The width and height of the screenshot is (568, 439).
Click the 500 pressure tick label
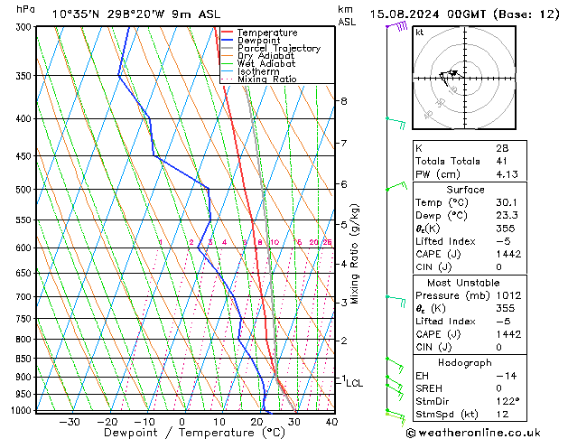coord(24,190)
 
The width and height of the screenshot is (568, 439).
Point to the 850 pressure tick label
coord(24,359)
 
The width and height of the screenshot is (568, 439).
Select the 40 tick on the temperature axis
coord(331,422)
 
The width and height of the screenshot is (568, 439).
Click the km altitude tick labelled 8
coord(344,101)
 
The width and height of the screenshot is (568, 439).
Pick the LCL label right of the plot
coord(354,383)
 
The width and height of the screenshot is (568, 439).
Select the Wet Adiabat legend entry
coord(265,64)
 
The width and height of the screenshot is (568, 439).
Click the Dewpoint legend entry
coord(258,41)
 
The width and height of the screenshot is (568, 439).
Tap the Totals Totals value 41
coord(501,161)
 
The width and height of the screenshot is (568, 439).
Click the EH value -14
coord(503,375)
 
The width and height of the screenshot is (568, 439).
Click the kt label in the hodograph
coord(420,33)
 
